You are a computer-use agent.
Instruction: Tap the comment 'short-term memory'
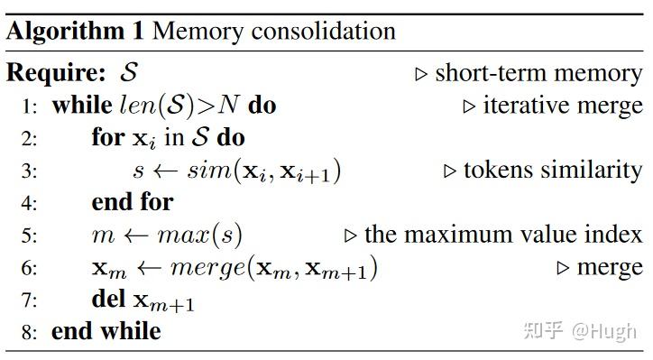(x=538, y=73)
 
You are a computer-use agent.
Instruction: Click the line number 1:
(x=30, y=106)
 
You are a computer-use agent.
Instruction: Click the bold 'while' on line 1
(x=83, y=105)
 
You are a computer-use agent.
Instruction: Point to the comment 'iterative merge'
(x=562, y=106)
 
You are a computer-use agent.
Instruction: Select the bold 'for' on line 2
(x=106, y=137)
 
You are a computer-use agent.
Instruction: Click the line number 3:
(x=30, y=171)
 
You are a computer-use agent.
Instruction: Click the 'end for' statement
(x=132, y=202)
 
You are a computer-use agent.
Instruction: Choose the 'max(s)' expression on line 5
(x=199, y=235)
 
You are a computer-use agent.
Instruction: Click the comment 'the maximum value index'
(x=502, y=235)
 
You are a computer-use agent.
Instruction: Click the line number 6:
(x=30, y=268)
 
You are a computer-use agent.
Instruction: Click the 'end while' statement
(x=106, y=331)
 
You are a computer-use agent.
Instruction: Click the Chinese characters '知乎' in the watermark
(x=540, y=331)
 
